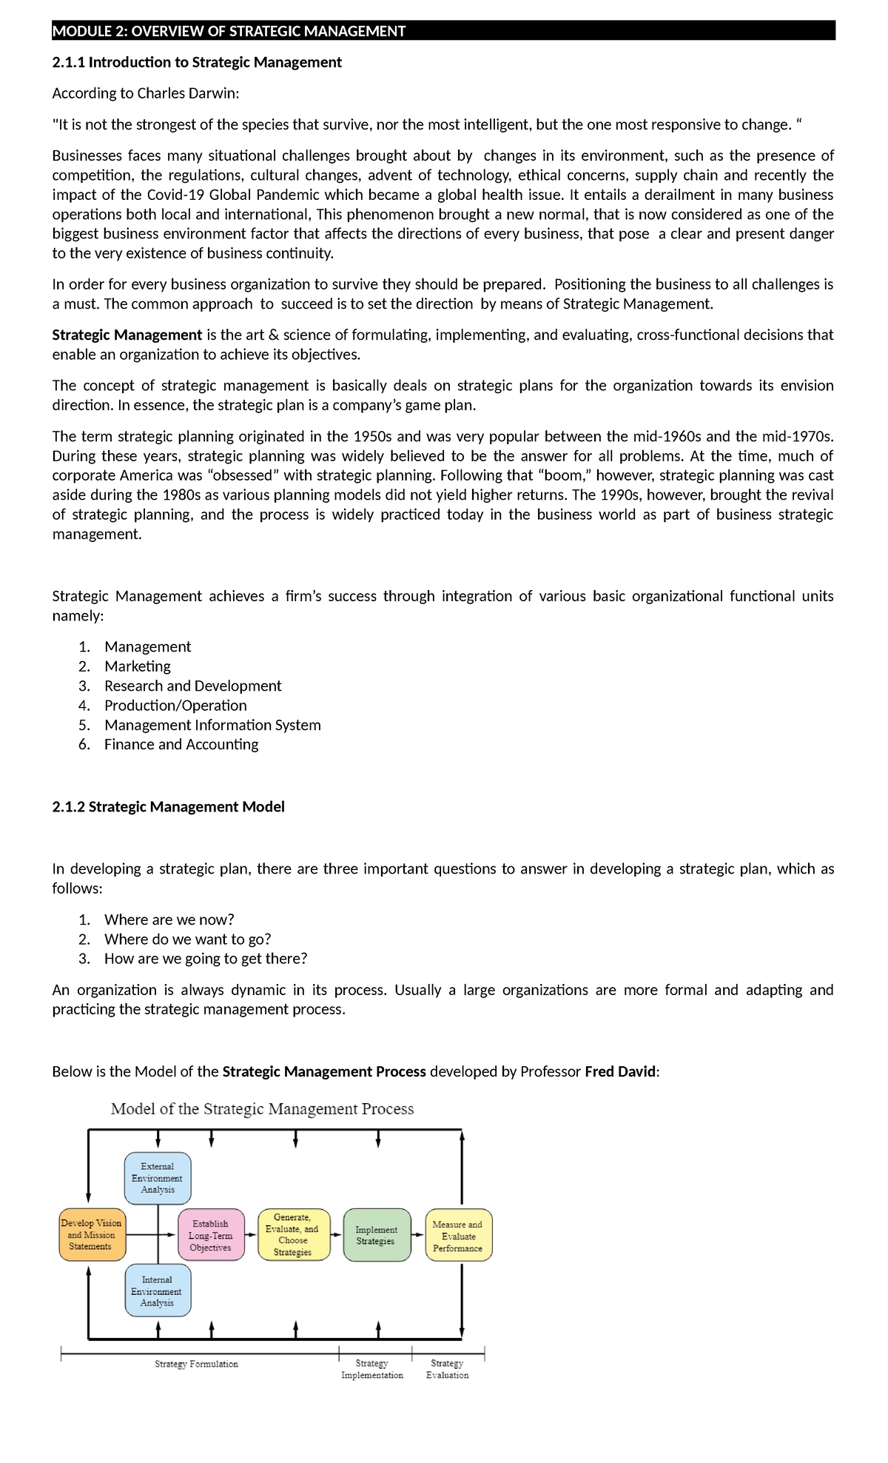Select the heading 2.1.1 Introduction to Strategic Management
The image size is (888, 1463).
point(197,62)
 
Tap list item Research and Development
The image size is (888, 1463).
point(192,686)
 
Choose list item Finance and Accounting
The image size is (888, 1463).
point(181,744)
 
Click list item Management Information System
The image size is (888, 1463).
point(212,725)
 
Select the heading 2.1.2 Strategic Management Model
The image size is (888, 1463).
point(168,806)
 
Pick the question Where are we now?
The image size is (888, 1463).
point(169,920)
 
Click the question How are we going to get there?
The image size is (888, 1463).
point(205,959)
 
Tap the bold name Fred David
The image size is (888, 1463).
point(620,1071)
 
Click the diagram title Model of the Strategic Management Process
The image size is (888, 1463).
point(262,1109)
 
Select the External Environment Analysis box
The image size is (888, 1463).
point(158,1178)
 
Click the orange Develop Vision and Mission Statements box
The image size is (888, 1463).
point(91,1235)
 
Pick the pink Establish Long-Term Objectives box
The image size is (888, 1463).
point(211,1235)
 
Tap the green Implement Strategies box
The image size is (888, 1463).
point(376,1235)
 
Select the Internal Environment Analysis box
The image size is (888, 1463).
point(157,1290)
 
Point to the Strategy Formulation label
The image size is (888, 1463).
point(196,1364)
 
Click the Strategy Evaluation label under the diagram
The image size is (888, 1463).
point(447,1369)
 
